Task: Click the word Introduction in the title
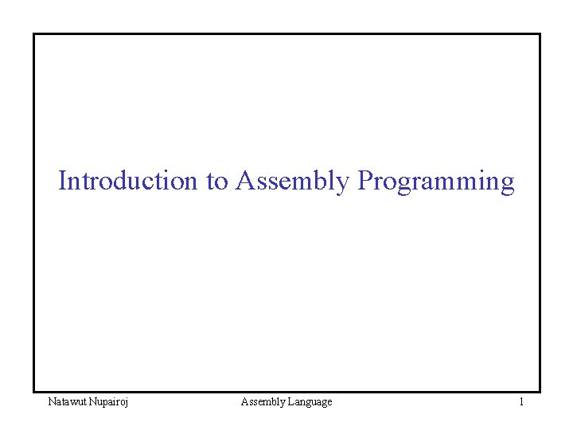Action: (x=127, y=182)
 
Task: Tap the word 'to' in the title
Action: (x=216, y=182)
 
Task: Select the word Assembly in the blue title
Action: (x=292, y=182)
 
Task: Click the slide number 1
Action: (x=521, y=402)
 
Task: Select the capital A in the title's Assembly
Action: (x=244, y=181)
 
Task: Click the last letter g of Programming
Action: (x=507, y=185)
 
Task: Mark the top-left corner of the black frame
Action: (x=33, y=34)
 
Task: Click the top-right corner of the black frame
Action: (x=540, y=34)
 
